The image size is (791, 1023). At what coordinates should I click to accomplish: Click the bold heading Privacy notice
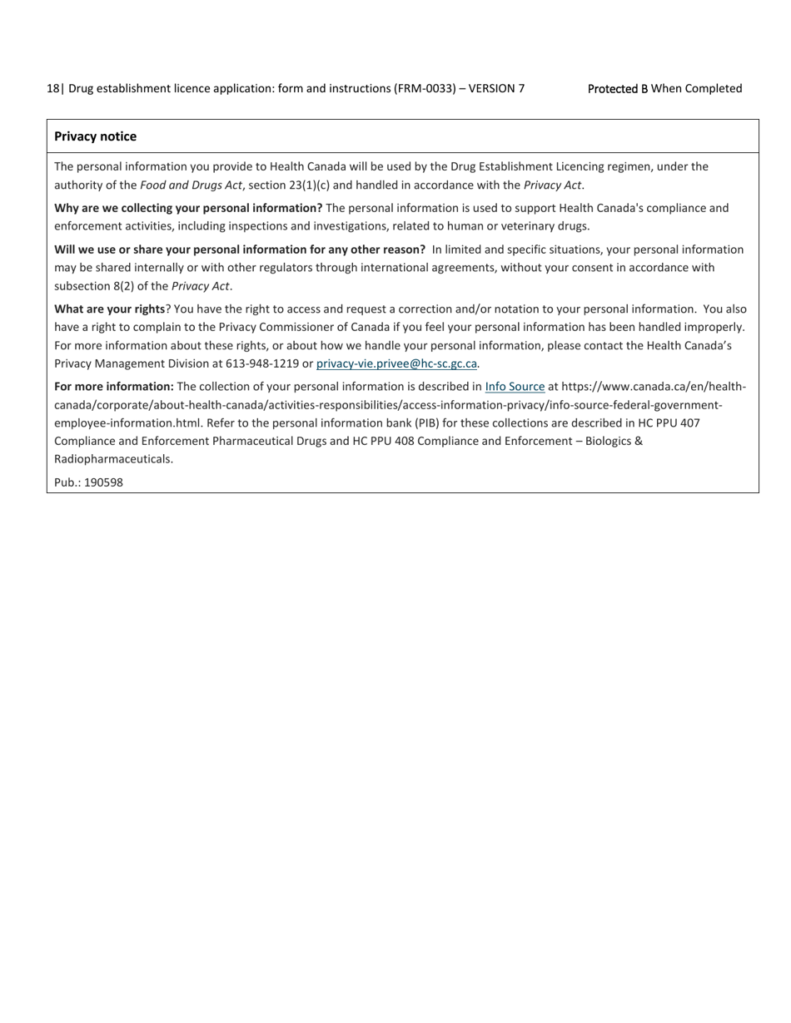coord(95,136)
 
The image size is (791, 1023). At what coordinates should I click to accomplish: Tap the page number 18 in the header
coord(52,88)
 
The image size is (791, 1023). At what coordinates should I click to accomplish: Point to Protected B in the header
coord(617,88)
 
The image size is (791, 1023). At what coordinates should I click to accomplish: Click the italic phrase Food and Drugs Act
coord(191,185)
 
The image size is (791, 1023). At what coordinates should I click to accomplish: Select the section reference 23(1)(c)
coord(319,185)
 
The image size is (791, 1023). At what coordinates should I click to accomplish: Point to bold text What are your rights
coord(109,309)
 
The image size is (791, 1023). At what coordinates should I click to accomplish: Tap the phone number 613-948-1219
coord(262,363)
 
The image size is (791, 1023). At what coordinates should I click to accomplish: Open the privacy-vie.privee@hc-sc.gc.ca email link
coord(396,363)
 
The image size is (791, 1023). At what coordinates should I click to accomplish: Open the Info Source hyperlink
coord(515,387)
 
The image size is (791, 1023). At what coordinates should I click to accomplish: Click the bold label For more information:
coord(114,387)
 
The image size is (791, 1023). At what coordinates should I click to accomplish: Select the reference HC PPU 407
coord(669,423)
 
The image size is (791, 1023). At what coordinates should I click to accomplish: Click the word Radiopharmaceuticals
coord(113,459)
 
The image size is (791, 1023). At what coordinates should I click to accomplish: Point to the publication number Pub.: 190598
coord(88,482)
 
